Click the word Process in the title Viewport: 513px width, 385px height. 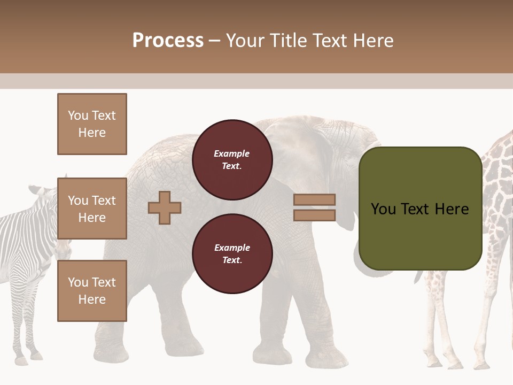168,41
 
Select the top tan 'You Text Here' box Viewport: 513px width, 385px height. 92,124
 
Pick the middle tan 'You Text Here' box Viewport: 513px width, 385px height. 92,209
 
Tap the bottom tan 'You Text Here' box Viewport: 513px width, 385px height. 92,291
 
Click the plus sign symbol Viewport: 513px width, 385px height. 165,207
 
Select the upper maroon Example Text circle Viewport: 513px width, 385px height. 232,159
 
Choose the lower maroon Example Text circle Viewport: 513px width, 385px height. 232,253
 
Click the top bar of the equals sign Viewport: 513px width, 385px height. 314,200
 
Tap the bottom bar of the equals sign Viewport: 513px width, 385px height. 314,215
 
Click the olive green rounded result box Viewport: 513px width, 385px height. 420,209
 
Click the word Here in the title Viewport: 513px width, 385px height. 372,41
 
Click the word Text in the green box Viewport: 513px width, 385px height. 420,209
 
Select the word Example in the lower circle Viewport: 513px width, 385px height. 232,248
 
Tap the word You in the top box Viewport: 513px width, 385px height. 78,115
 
